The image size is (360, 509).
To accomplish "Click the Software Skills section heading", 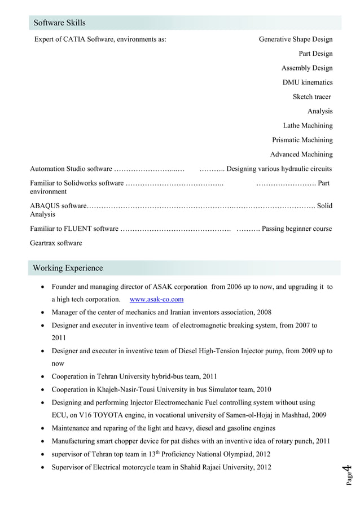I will tap(59, 23).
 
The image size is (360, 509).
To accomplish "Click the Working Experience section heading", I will tap(68, 267).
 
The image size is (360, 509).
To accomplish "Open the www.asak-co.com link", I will tap(156, 299).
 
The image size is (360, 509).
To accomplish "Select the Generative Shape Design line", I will tap(295, 40).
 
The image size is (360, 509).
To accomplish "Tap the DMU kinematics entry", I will tap(307, 82).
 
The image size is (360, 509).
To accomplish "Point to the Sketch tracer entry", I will tap(311, 96).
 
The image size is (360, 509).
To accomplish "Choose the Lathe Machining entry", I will tap(308, 125).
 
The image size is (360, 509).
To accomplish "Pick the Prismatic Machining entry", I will tap(302, 140).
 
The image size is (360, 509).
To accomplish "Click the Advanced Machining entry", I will tap(301, 154).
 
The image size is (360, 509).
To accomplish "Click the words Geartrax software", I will tap(56, 243).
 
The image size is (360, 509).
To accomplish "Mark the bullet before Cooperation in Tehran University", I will tap(43, 376).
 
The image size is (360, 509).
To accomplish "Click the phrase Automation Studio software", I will tap(71, 169).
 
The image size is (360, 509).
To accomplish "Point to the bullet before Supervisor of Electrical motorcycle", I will tap(43, 467).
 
